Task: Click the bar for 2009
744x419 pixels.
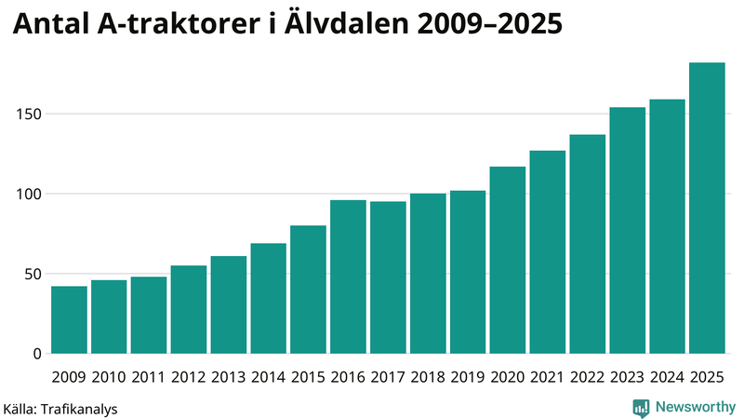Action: pyautogui.click(x=69, y=320)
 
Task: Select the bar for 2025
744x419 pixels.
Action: pyautogui.click(x=707, y=209)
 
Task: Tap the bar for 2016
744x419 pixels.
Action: pyautogui.click(x=348, y=277)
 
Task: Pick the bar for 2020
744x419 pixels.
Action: pyautogui.click(x=508, y=261)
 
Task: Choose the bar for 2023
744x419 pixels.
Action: pyautogui.click(x=627, y=231)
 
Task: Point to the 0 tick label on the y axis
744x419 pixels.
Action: pyautogui.click(x=37, y=354)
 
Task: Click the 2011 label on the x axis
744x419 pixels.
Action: pyautogui.click(x=149, y=377)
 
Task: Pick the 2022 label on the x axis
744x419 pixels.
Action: pyautogui.click(x=587, y=377)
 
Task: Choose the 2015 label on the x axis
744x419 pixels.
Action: pyautogui.click(x=308, y=377)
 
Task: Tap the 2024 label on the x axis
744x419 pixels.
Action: pyautogui.click(x=667, y=377)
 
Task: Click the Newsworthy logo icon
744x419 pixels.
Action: pyautogui.click(x=641, y=407)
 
